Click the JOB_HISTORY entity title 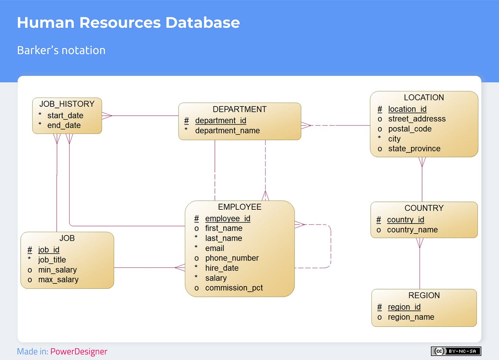[67, 104]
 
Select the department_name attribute [227, 131]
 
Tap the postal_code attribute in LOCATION [410, 129]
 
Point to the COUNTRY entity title [424, 208]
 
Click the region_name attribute [411, 317]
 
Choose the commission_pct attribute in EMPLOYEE [234, 288]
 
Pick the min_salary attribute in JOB [57, 270]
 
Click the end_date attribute [64, 125]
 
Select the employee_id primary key [227, 218]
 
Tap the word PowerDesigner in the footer [78, 351]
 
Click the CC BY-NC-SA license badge [456, 351]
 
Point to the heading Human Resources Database [128, 22]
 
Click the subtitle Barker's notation [61, 50]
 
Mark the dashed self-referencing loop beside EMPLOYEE [331, 246]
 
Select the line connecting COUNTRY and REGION [420, 267]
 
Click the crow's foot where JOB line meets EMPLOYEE [180, 267]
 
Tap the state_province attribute [414, 148]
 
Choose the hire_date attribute [222, 268]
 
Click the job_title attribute [52, 260]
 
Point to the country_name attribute [412, 230]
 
